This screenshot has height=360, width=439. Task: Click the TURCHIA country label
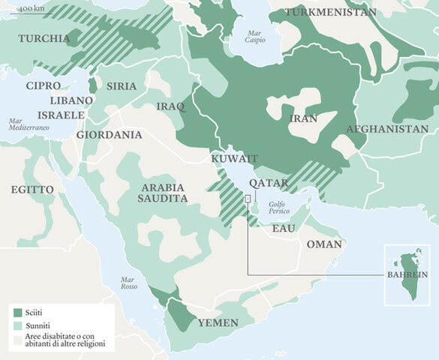pyautogui.click(x=41, y=39)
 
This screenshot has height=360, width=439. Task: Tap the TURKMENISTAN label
pyautogui.click(x=330, y=13)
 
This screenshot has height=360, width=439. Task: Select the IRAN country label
pyautogui.click(x=302, y=118)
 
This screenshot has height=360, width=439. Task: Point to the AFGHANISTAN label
pyautogui.click(x=387, y=130)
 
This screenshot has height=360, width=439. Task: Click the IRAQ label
pyautogui.click(x=170, y=106)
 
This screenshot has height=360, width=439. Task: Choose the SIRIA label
pyautogui.click(x=122, y=86)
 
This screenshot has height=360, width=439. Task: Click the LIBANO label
pyautogui.click(x=71, y=100)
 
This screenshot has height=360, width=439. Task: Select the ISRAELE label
pyautogui.click(x=56, y=115)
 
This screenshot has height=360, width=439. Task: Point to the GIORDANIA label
pyautogui.click(x=109, y=135)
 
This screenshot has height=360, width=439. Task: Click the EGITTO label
pyautogui.click(x=32, y=190)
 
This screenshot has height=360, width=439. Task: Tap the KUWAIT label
pyautogui.click(x=234, y=159)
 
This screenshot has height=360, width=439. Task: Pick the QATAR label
pyautogui.click(x=269, y=183)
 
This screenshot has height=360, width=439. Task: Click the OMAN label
pyautogui.click(x=323, y=244)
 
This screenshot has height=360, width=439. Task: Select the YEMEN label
pyautogui.click(x=218, y=322)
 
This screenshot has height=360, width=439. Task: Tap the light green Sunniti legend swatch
pyautogui.click(x=18, y=326)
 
